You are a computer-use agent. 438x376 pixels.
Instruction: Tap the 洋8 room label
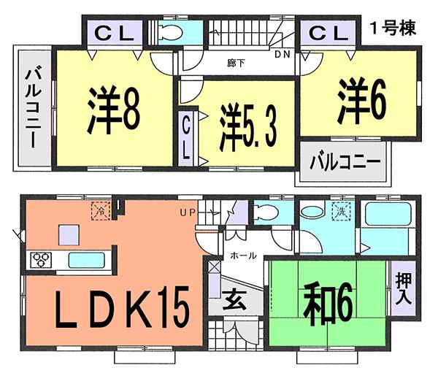click(x=115, y=110)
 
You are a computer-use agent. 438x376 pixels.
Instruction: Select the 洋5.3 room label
click(x=247, y=128)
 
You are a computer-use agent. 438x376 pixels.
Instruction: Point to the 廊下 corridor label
click(x=236, y=64)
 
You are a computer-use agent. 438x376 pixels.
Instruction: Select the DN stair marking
click(x=281, y=53)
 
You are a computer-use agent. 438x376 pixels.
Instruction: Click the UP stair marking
click(x=188, y=212)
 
